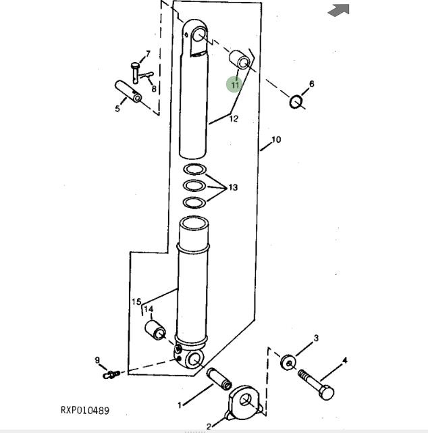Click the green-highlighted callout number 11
[x=234, y=85]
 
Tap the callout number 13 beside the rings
[x=233, y=188]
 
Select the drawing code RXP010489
[x=85, y=410]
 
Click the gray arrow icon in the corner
[x=339, y=11]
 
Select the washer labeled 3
[x=288, y=362]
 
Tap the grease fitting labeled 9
[x=111, y=374]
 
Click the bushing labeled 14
[x=155, y=330]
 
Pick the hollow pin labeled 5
[x=128, y=91]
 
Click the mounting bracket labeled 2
[x=244, y=403]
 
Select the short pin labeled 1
[x=219, y=379]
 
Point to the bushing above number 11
[x=240, y=60]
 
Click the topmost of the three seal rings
[x=194, y=170]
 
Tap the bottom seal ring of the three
[x=194, y=203]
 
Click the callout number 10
[x=276, y=140]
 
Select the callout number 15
[x=136, y=301]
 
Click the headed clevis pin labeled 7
[x=135, y=73]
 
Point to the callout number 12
[x=234, y=119]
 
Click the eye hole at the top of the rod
[x=198, y=34]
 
